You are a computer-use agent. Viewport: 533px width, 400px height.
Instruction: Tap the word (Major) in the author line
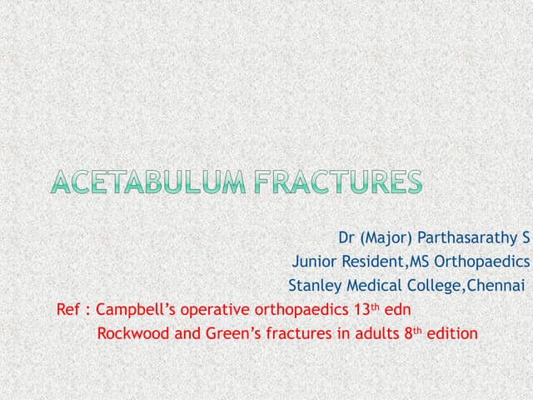point(385,237)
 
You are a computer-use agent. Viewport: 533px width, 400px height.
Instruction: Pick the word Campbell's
point(133,310)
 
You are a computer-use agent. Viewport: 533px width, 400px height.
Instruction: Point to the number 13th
point(362,309)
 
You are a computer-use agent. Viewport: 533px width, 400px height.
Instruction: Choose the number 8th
point(413,333)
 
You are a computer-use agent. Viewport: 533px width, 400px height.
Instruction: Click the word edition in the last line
point(454,334)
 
